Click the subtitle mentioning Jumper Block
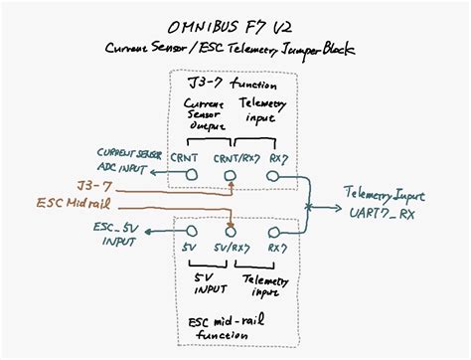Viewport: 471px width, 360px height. point(236,48)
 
